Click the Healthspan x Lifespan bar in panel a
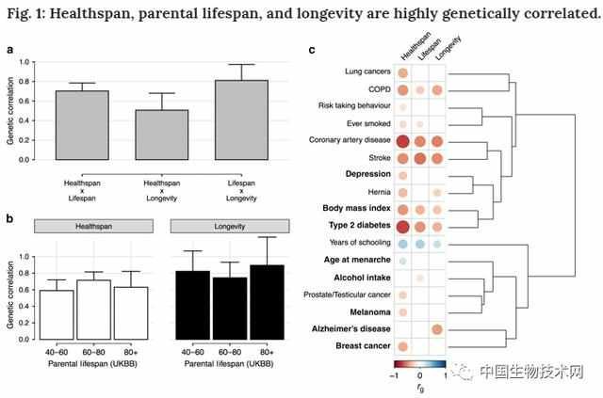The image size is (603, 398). coord(82,125)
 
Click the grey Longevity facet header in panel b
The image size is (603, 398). coord(228,227)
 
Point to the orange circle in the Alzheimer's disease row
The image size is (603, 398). coord(438,329)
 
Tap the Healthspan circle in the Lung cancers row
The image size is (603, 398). coord(402,72)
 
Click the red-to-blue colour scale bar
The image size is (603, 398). coord(419,363)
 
